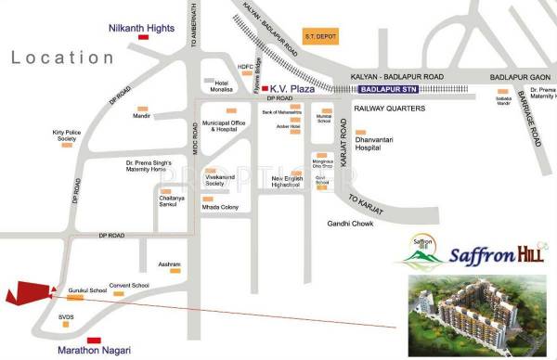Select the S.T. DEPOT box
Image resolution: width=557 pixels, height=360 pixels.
pyautogui.click(x=318, y=37)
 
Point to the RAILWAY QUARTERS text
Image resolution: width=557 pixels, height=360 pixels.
pyautogui.click(x=388, y=109)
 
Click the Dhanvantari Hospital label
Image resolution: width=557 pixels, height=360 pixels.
pyautogui.click(x=378, y=142)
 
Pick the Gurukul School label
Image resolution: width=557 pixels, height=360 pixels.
pyautogui.click(x=87, y=291)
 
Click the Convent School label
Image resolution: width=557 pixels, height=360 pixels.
pyautogui.click(x=129, y=285)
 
